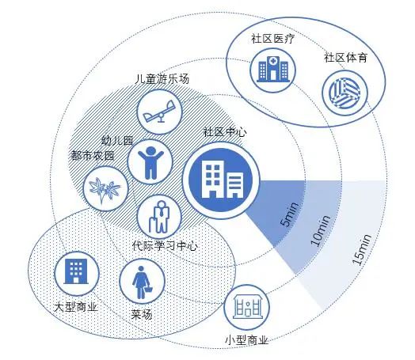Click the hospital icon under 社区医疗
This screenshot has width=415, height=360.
273,70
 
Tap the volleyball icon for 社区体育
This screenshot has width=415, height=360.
345,93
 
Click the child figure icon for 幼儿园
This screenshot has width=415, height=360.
150,162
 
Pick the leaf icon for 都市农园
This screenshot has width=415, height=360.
105,188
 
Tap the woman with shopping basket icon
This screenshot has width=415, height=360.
142,282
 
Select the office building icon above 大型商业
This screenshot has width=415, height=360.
77,271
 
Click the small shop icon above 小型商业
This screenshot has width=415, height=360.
247,307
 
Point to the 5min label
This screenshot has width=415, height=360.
290,214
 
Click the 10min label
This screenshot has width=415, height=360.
320,230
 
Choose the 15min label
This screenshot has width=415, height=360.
361,249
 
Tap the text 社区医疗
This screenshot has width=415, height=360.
273,39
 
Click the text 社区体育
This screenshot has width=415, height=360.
345,58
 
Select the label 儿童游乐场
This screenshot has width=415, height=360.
162,79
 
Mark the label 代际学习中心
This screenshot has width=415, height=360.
165,245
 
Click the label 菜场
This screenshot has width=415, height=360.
142,315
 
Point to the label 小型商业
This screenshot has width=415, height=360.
247,340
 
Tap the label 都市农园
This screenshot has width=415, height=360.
93,155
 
